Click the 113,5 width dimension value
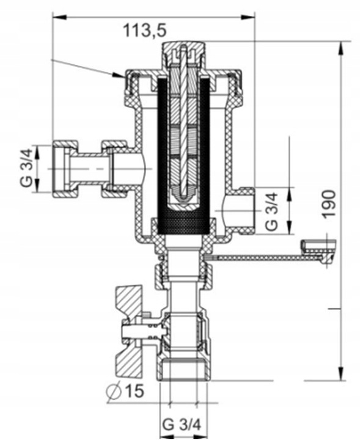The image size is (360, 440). pyautogui.click(x=145, y=28)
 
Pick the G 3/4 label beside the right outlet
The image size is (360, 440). pyautogui.click(x=272, y=211)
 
